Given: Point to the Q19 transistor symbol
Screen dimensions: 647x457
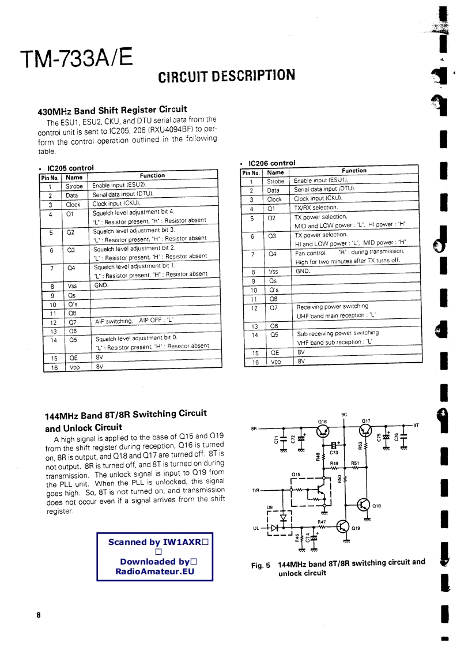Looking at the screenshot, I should [x=343, y=527].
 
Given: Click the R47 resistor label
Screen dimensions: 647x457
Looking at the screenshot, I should [x=322, y=522].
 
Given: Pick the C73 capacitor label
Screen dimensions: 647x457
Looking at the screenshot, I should [x=334, y=453].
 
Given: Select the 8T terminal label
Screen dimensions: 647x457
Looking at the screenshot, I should [x=416, y=425].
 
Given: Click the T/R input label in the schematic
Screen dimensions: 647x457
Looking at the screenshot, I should [x=256, y=490].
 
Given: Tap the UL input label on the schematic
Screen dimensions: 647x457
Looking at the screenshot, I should [x=256, y=528].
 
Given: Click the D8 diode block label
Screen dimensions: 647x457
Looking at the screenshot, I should [x=269, y=507].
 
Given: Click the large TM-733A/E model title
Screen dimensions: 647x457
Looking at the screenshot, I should [x=76, y=58].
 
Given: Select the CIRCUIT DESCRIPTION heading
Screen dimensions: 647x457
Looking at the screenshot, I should [x=226, y=76].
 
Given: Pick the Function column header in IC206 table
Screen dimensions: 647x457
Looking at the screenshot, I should [x=354, y=171].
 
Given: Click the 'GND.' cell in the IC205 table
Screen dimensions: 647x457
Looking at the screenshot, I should [x=101, y=285].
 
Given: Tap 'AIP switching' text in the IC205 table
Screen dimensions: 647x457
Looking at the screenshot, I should [x=114, y=321].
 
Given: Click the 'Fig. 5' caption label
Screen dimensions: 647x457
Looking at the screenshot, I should [x=260, y=565].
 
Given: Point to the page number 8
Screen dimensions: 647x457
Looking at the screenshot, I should [x=39, y=615].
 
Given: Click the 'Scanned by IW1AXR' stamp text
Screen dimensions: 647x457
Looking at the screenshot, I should [x=154, y=542].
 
